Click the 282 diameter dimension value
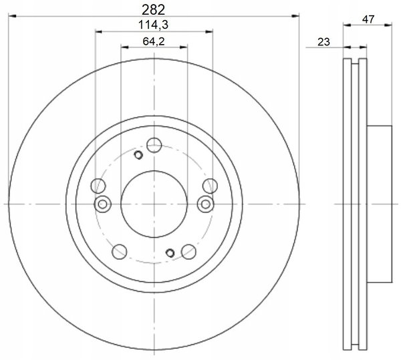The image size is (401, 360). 154,10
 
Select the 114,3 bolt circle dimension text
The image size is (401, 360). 154,25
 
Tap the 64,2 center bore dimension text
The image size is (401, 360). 154,41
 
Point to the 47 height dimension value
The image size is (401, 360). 368,19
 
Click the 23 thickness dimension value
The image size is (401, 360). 323,42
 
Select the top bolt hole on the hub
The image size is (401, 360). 154,145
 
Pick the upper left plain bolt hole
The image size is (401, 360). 98,186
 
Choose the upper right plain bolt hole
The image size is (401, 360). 210,186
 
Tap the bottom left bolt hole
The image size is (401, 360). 120,252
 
